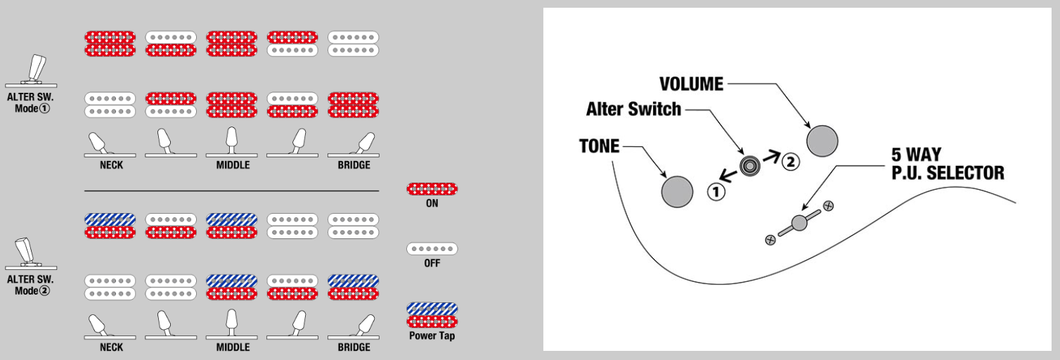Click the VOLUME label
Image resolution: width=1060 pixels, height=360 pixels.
pyautogui.click(x=691, y=84)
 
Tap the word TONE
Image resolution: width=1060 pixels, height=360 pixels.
pyautogui.click(x=599, y=146)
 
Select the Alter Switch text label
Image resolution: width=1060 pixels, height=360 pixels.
pyautogui.click(x=633, y=109)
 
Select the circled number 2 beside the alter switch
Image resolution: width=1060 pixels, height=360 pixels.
pyautogui.click(x=790, y=162)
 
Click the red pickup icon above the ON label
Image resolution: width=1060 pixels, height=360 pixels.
pyautogui.click(x=432, y=188)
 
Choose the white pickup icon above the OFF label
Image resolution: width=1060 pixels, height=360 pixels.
pyautogui.click(x=432, y=249)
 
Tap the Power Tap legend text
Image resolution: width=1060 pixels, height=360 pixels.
pyautogui.click(x=432, y=336)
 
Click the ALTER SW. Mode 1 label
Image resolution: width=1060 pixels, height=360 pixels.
pyautogui.click(x=30, y=103)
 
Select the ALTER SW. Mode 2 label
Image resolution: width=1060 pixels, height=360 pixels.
pyautogui.click(x=30, y=285)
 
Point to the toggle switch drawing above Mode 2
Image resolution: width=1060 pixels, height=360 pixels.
pyautogui.click(x=28, y=254)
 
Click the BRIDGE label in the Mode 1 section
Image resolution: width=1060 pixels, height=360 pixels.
pyautogui.click(x=354, y=165)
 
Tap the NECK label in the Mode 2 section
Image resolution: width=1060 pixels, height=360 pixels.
pyautogui.click(x=111, y=347)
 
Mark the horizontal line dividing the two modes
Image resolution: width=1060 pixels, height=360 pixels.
pyautogui.click(x=232, y=191)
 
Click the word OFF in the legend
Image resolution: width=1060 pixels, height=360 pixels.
pyautogui.click(x=432, y=263)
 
